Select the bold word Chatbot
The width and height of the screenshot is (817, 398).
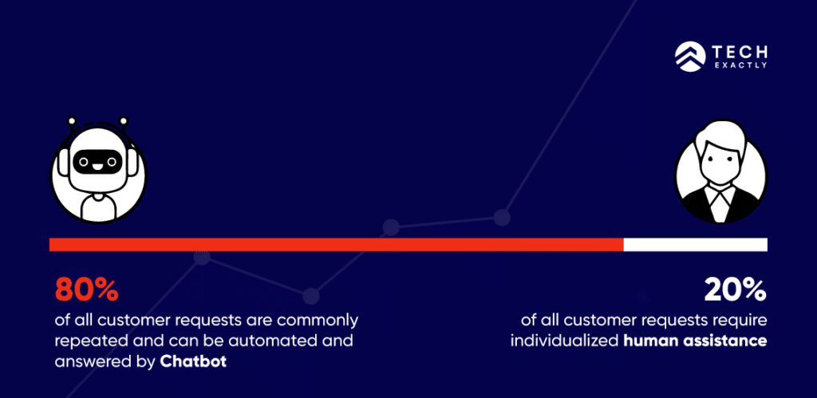pos(193,361)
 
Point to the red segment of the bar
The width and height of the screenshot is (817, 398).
pos(335,244)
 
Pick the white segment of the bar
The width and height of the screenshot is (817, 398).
pos(695,244)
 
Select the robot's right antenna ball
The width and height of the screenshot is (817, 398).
pos(124,121)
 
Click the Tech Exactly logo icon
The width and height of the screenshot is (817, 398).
pos(686,54)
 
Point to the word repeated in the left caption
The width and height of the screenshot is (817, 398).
pos(86,341)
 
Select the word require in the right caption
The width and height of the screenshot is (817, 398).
pos(740,321)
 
